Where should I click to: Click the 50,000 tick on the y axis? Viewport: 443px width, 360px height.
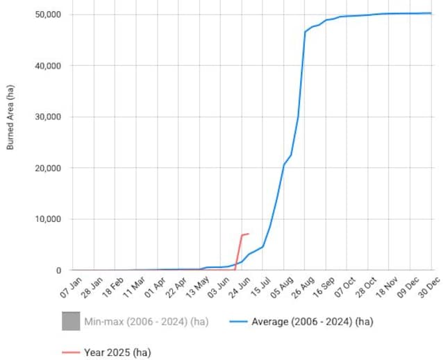(48, 15)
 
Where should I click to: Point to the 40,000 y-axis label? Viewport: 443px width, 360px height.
(48, 66)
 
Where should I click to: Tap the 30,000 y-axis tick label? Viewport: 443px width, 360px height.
(48, 117)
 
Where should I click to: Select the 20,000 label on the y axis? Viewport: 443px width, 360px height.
(48, 169)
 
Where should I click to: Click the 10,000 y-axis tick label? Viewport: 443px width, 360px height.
(48, 220)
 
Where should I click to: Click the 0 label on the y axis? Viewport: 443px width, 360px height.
(58, 271)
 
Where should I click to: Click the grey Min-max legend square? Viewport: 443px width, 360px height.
(70, 321)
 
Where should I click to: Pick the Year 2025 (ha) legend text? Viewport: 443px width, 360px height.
(117, 352)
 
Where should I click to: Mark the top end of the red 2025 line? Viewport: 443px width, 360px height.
(249, 234)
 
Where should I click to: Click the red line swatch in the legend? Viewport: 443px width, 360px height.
(70, 352)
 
